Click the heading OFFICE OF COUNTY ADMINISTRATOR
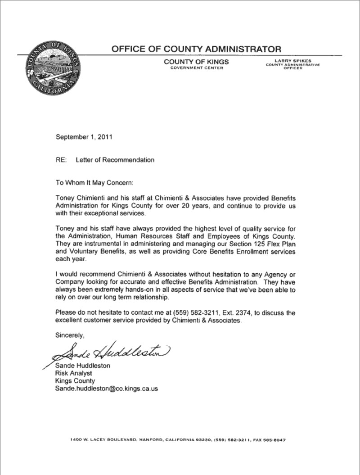196,49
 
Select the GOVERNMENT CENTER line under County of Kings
196,68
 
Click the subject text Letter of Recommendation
115,160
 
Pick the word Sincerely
70,335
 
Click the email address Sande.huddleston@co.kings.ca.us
106,389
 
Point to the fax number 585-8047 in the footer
275,439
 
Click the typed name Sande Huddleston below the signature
82,366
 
